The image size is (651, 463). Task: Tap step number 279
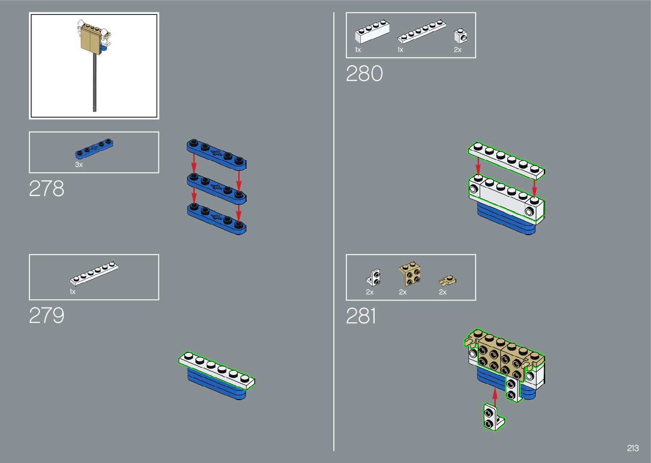coord(46,316)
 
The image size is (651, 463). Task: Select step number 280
coord(364,74)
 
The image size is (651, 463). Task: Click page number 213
coord(632,448)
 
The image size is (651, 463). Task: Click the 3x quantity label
coord(79,165)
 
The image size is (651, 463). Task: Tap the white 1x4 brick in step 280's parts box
coord(372,32)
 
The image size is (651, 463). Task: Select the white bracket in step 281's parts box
coord(374,277)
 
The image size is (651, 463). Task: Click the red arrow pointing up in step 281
coord(495,395)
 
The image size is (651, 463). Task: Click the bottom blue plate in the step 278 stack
coord(216,218)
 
